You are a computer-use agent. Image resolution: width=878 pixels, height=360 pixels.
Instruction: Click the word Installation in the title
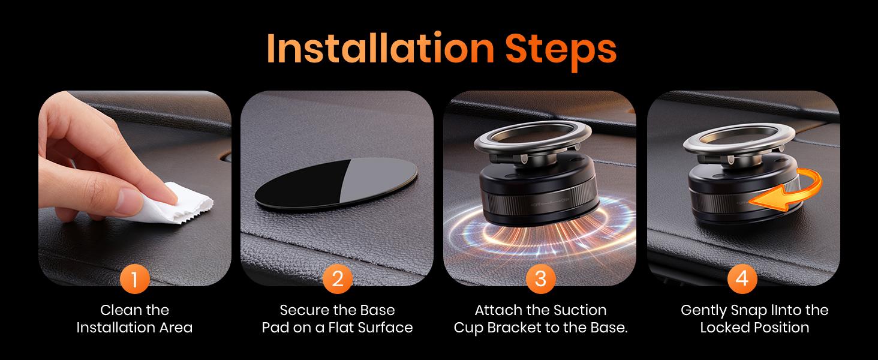point(380,49)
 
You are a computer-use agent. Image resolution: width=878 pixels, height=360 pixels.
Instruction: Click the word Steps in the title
point(561,52)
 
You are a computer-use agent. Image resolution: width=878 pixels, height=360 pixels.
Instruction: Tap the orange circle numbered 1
point(134,279)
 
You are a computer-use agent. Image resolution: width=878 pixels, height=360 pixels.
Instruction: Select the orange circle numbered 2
point(338,279)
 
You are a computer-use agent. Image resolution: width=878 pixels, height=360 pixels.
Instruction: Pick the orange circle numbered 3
point(540,279)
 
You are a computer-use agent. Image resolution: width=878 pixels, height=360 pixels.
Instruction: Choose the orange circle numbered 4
point(742,279)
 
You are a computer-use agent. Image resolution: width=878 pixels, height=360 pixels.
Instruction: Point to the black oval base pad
point(336,185)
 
